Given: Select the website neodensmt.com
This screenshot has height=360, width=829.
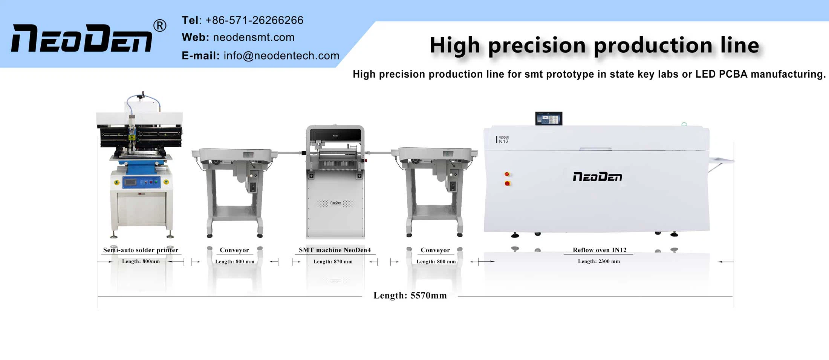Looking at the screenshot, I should point(254,37).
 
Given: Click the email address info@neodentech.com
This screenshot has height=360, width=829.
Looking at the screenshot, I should point(281,56).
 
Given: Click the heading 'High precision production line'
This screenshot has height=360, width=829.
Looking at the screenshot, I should point(594,46).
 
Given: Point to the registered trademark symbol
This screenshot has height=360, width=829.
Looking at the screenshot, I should point(160,26).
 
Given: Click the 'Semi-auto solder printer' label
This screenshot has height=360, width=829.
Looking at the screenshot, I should point(141,250).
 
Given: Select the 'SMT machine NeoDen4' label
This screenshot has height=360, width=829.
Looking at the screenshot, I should point(335,250).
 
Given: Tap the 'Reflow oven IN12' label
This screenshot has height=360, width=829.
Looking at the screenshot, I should point(599,250).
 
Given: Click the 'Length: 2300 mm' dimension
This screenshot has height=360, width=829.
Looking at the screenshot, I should point(599,261).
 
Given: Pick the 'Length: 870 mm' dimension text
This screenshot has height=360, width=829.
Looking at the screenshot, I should point(333,262).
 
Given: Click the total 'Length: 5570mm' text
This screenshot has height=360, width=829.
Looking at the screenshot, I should point(410,296).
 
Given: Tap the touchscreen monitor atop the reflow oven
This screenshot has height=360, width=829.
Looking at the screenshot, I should point(549,119).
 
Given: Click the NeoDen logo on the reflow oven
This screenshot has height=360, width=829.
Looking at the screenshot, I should point(597,177).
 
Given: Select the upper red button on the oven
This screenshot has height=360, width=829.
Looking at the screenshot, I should point(507,174).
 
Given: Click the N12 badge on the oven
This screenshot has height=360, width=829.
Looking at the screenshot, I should point(503,140).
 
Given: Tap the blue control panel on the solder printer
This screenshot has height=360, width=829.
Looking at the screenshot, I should point(142,182).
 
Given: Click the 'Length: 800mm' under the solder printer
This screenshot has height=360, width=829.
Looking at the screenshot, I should point(141,261).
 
